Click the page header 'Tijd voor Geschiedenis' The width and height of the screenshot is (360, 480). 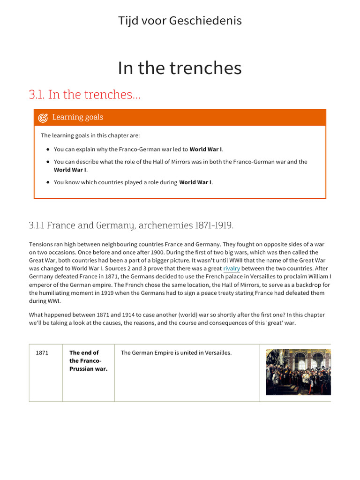(180, 21)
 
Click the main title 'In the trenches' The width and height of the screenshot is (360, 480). (180, 68)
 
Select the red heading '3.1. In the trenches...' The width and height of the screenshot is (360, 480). (84, 94)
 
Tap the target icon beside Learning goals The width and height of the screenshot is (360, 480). (43, 118)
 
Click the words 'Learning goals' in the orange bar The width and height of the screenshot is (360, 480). (78, 117)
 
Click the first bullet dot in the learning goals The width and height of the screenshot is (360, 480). (48, 150)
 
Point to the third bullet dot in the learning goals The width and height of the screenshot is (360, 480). (48, 182)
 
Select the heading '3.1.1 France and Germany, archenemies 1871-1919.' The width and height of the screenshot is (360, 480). (131, 225)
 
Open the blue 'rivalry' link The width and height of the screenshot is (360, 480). (232, 269)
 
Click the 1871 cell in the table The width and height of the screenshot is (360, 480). (42, 353)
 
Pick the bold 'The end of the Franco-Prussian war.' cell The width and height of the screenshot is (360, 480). (88, 360)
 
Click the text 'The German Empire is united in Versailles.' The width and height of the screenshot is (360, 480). (176, 353)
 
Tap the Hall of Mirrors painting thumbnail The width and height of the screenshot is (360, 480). (298, 372)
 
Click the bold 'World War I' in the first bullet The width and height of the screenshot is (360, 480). (206, 150)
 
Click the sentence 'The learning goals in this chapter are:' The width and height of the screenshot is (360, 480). (90, 135)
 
